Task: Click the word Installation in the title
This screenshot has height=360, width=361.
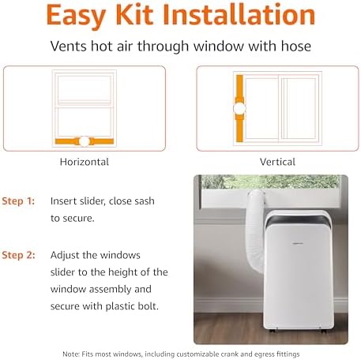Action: (241, 17)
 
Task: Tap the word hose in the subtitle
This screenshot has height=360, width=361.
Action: (294, 47)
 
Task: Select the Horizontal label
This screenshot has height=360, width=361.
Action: (85, 162)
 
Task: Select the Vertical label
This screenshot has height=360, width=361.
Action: (278, 162)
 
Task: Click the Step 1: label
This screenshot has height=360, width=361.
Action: (19, 201)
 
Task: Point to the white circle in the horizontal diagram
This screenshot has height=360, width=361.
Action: (85, 141)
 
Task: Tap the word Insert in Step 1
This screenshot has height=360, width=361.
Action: (65, 201)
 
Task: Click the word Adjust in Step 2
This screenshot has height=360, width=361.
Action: (66, 255)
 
